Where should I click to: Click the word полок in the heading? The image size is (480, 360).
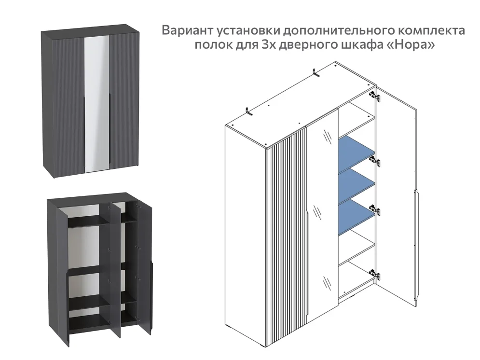(210, 46)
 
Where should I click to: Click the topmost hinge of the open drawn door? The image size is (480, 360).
(375, 97)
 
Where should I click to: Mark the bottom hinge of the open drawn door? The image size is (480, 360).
(375, 275)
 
